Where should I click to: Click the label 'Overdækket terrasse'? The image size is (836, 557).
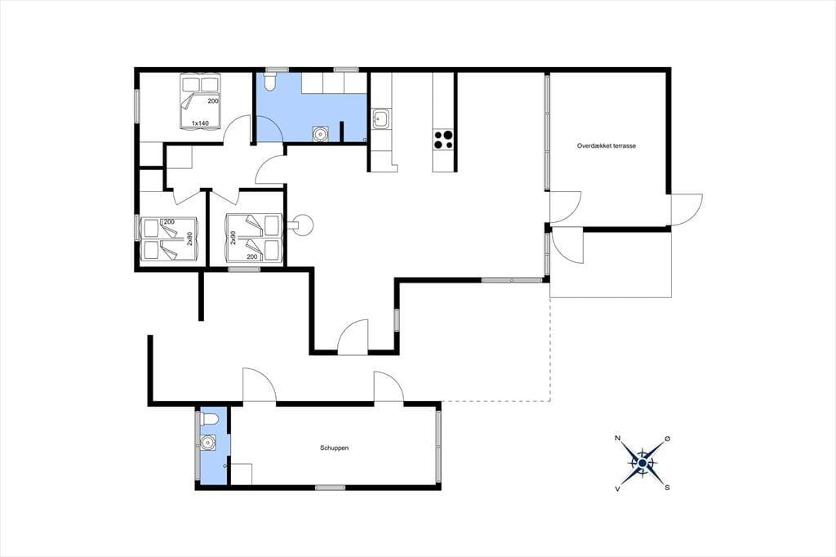coord(607,145)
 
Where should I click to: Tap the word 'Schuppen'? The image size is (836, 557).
coord(334,448)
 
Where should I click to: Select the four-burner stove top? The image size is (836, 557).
coord(443,139)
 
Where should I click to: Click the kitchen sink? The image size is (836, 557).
coord(381,118)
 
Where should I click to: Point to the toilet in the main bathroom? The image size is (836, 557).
coord(269,81)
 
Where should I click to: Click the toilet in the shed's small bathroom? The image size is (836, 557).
coord(208,419)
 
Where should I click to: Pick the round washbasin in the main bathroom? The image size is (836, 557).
coord(320,134)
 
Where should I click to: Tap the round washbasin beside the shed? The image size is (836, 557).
coord(208,442)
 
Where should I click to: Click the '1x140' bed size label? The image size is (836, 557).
coord(200,123)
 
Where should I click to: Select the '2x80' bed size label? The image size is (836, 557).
coord(189,238)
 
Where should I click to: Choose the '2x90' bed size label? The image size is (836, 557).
coord(233,238)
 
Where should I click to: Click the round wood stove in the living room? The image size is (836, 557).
coord(304,225)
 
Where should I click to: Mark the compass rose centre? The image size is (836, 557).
coord(643,462)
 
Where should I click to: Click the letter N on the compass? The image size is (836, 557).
coord(618,439)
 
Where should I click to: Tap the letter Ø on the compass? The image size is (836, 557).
coord(668,439)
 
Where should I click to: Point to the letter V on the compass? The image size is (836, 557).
coord(618,488)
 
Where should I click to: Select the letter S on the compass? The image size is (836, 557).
coord(668,488)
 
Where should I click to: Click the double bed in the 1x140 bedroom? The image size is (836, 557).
coord(200,101)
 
